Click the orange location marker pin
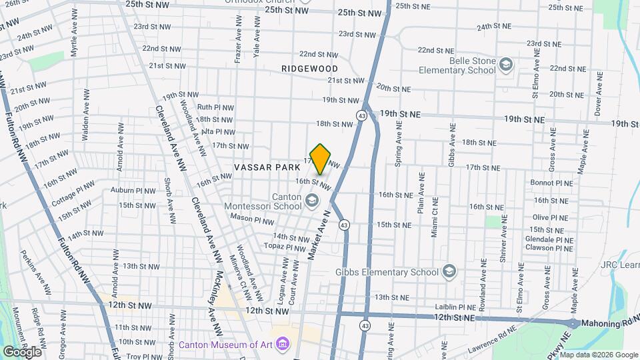coord(321,159)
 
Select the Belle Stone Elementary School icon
coord(506,64)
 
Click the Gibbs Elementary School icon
coord(449,271)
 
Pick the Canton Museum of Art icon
coord(283,345)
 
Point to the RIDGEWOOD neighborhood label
coord(309,69)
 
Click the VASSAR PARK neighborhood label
coord(267,167)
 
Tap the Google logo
coord(22,351)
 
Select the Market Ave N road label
coord(319,235)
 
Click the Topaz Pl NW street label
coord(286,247)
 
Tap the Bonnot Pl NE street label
coord(551,183)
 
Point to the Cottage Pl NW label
coord(75,193)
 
